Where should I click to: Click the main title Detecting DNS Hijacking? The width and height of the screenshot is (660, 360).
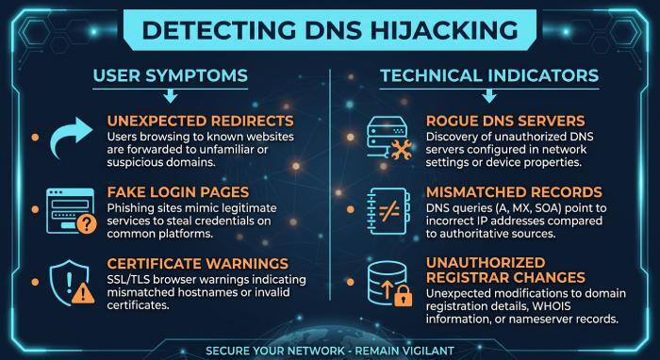[x=330, y=30]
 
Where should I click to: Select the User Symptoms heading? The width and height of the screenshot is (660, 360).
[x=171, y=75]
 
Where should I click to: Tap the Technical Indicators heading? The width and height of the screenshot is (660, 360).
[x=489, y=75]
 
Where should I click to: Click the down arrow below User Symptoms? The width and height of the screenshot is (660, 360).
[x=171, y=96]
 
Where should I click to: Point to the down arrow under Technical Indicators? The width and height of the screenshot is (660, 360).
[x=489, y=96]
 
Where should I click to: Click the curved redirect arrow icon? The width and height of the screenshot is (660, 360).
[x=71, y=138]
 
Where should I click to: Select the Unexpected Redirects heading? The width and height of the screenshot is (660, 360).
[x=200, y=122]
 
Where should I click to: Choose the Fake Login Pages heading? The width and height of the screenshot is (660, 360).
[x=178, y=192]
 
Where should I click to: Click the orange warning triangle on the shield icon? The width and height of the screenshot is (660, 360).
[x=83, y=293]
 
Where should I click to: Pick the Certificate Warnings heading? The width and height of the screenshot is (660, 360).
[x=198, y=264]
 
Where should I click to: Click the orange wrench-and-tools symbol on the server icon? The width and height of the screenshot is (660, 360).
[x=401, y=150]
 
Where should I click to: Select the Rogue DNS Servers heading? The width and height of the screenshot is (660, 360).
[x=505, y=122]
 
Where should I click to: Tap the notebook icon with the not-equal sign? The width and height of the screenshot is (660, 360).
[x=388, y=211]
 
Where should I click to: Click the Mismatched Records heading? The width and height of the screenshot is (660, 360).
[x=514, y=192]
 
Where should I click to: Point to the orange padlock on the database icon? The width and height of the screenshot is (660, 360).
[x=403, y=296]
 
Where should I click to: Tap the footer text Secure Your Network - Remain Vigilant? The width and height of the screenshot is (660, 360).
[x=330, y=351]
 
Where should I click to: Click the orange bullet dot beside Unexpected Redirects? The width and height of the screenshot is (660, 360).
[x=36, y=137]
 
